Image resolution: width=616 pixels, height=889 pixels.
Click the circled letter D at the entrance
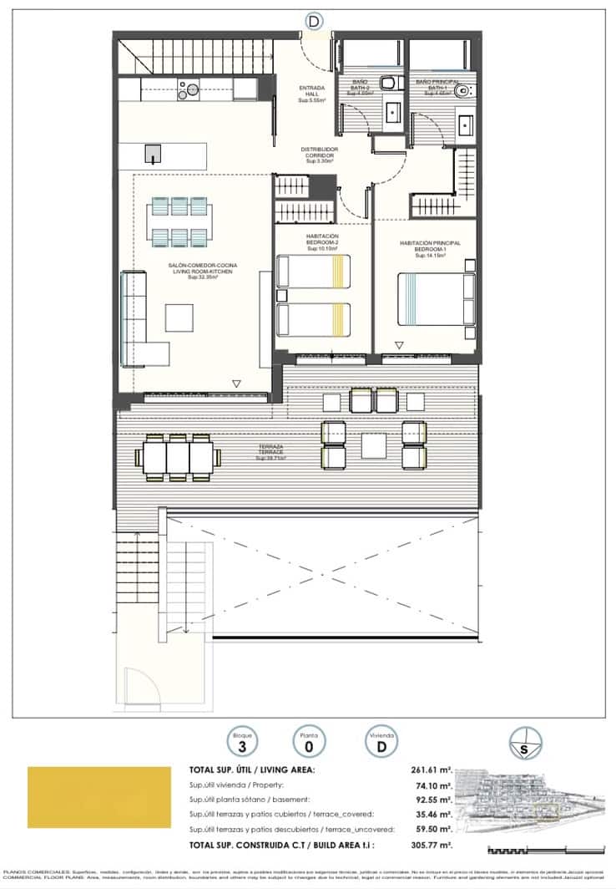[314, 20]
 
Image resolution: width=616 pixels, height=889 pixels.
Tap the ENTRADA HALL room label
[315, 94]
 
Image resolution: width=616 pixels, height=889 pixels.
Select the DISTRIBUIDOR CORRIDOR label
[319, 155]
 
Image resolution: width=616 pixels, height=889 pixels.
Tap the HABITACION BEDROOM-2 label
[321, 242]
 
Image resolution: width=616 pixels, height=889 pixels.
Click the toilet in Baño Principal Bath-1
[464, 94]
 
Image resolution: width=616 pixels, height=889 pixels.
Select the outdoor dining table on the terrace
[179, 457]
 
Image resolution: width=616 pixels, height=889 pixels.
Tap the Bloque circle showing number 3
[241, 740]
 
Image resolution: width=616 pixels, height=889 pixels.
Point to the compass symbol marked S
[524, 743]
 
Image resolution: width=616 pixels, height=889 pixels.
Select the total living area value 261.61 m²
[430, 770]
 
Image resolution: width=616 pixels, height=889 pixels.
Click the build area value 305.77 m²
[430, 846]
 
